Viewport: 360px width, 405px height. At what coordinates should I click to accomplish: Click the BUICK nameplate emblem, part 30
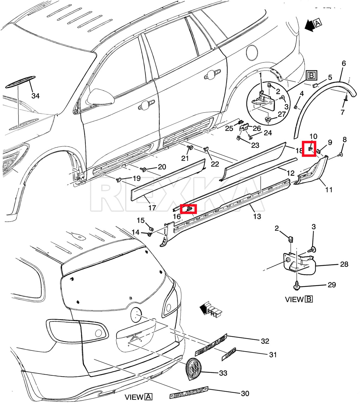coord(189,392)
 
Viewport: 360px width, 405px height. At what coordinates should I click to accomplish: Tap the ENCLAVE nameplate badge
coord(211,344)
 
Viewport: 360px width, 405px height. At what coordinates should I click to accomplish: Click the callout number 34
coord(35,96)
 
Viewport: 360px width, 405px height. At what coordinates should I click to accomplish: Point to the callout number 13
coord(257,216)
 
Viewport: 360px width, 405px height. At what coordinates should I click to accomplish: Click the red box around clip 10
coord(309,149)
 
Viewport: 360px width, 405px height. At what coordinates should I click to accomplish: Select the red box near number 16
coord(188,209)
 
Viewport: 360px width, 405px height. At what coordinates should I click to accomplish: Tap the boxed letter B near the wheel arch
coord(312,76)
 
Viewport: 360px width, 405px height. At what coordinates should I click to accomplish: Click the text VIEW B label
coord(299,299)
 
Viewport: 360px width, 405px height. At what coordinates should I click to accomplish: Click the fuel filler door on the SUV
coord(252,52)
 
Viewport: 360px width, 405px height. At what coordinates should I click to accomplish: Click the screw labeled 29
coord(297,286)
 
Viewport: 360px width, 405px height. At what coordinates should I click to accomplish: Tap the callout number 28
coord(344,264)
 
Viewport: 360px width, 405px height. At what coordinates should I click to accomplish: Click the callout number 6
coord(343,63)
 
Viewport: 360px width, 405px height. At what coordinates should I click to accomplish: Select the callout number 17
coord(152,207)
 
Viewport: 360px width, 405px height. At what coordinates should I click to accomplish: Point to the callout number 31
coord(273,355)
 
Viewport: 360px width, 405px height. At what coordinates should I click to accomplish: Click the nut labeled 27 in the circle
coord(268,119)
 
